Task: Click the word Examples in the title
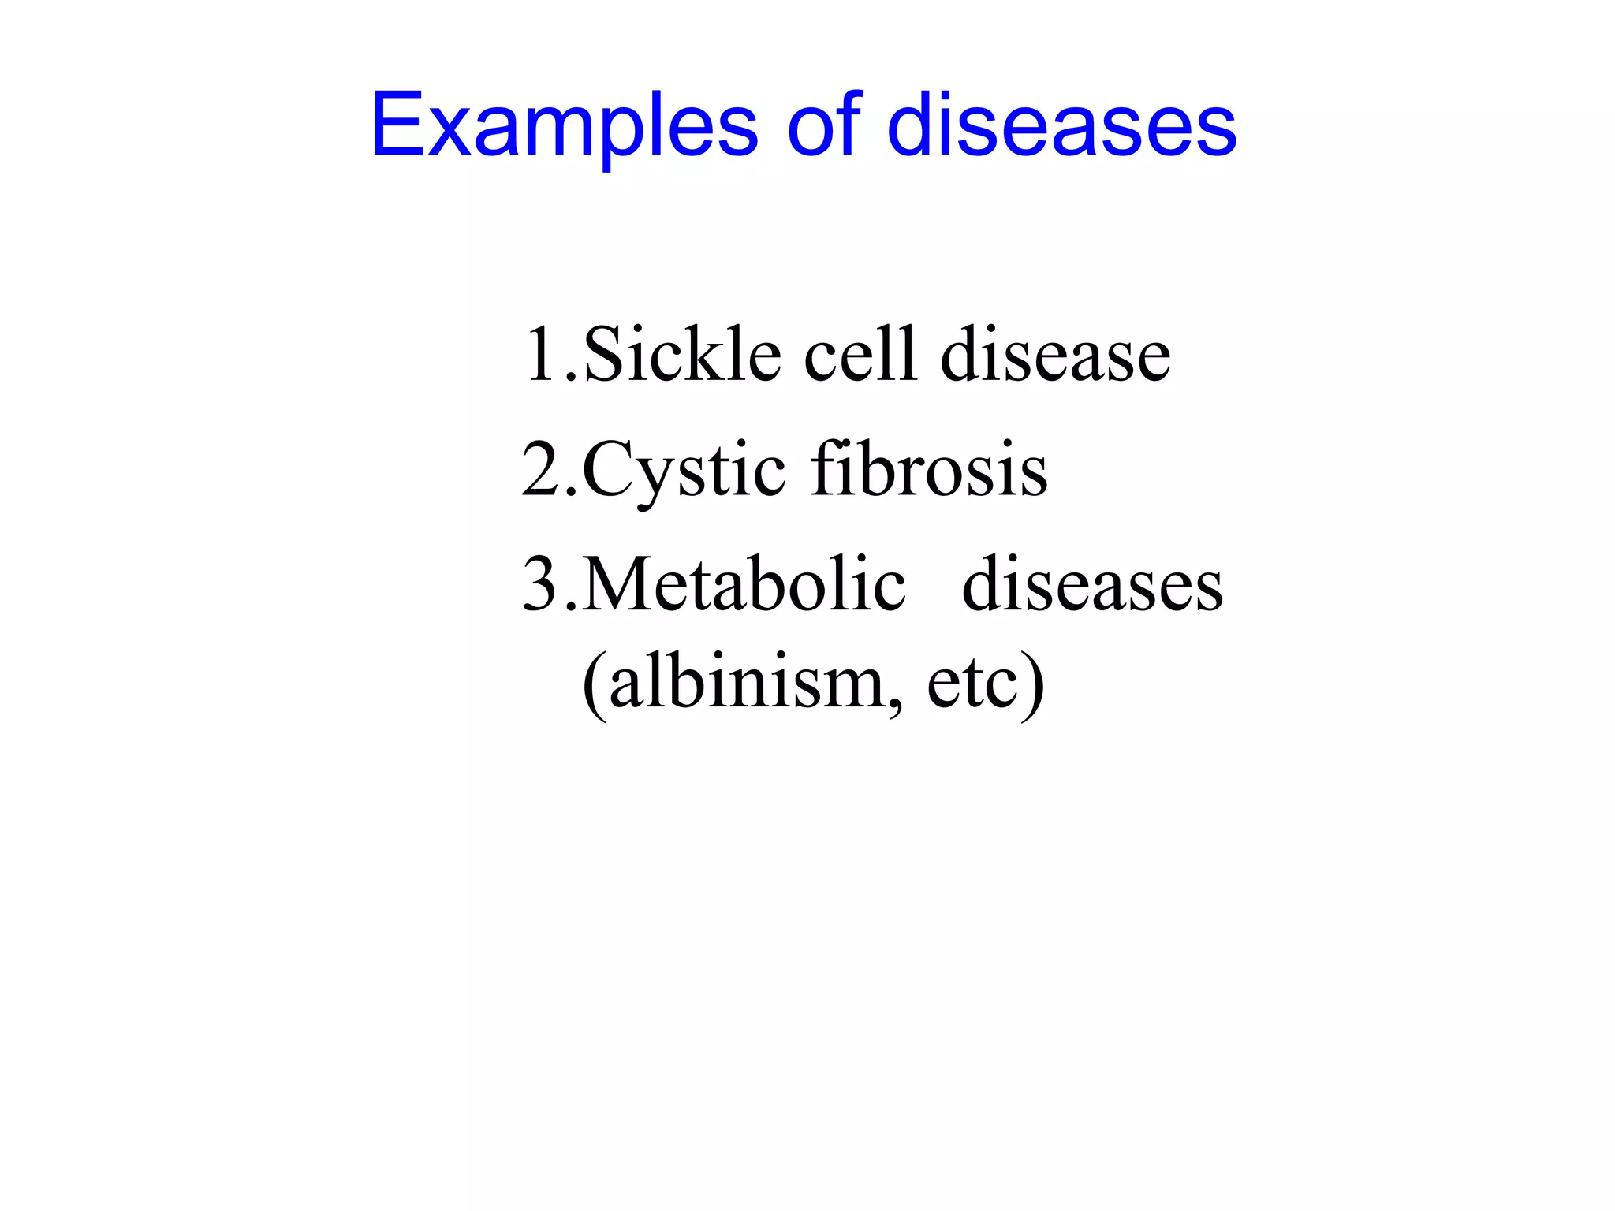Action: click(x=564, y=126)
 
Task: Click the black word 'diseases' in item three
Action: click(x=1092, y=587)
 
